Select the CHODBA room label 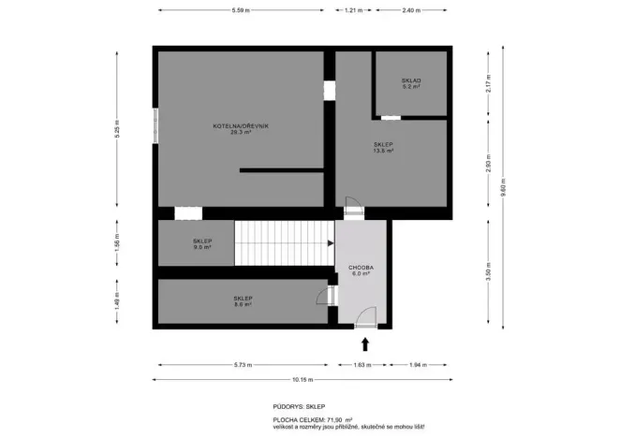pos(361,270)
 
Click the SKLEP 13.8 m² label pos(383,147)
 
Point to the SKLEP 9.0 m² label pos(201,244)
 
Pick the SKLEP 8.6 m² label pos(243,300)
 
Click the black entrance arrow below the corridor pos(365,343)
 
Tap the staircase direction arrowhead pos(330,243)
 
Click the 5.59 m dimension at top pos(241,10)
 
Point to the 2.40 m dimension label pos(411,10)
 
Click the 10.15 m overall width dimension pos(302,379)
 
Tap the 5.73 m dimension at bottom pos(241,363)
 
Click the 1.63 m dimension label pos(360,363)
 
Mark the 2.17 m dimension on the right pos(487,84)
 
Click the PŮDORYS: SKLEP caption pos(299,407)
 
